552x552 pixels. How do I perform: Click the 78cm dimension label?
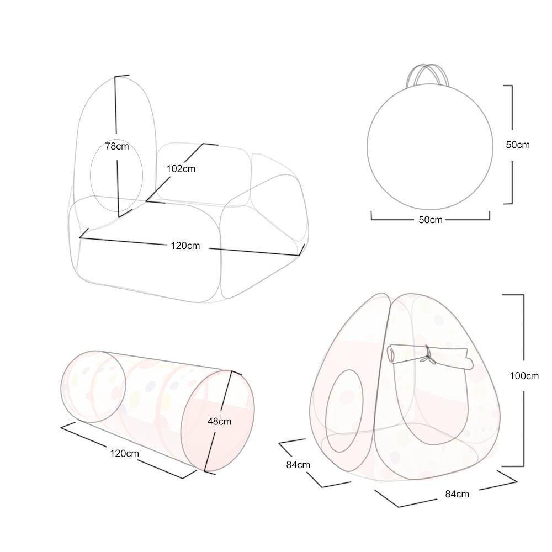click(117, 146)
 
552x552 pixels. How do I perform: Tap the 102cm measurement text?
click(181, 168)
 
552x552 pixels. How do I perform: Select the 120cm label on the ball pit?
click(185, 246)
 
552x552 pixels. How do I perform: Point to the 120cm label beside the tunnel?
click(124, 453)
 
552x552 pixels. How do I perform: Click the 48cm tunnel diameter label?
click(219, 421)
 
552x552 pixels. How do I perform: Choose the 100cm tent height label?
click(524, 376)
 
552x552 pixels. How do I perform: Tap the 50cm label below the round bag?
click(430, 220)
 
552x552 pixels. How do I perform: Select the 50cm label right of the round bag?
click(518, 145)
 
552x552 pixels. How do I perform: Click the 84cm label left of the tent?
click(298, 465)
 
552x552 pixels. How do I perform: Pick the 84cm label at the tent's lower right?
click(457, 494)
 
